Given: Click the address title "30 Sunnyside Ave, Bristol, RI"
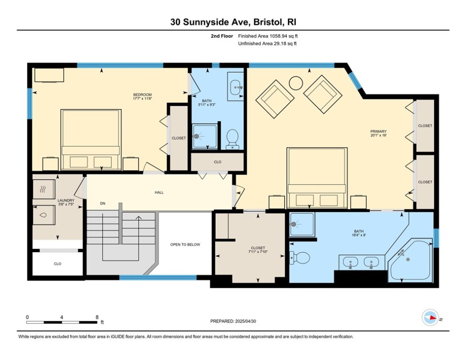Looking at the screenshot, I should (x=233, y=22).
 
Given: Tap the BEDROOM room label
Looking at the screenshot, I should (x=142, y=95).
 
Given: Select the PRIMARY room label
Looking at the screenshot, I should (x=378, y=131).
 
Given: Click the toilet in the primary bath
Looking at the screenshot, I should (x=300, y=257).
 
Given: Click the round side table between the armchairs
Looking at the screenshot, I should (x=296, y=83).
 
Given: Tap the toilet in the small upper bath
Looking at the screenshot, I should (x=232, y=138).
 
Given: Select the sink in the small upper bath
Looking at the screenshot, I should (x=236, y=86).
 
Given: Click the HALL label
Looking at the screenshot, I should (x=159, y=192).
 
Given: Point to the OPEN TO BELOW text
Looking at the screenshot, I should (x=185, y=245).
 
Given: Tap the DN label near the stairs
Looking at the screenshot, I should (x=102, y=204).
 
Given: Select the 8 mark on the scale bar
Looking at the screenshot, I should (x=96, y=316).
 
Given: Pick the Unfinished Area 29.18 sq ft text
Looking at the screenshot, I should (x=267, y=44).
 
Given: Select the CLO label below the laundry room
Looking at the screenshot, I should (x=57, y=264).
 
